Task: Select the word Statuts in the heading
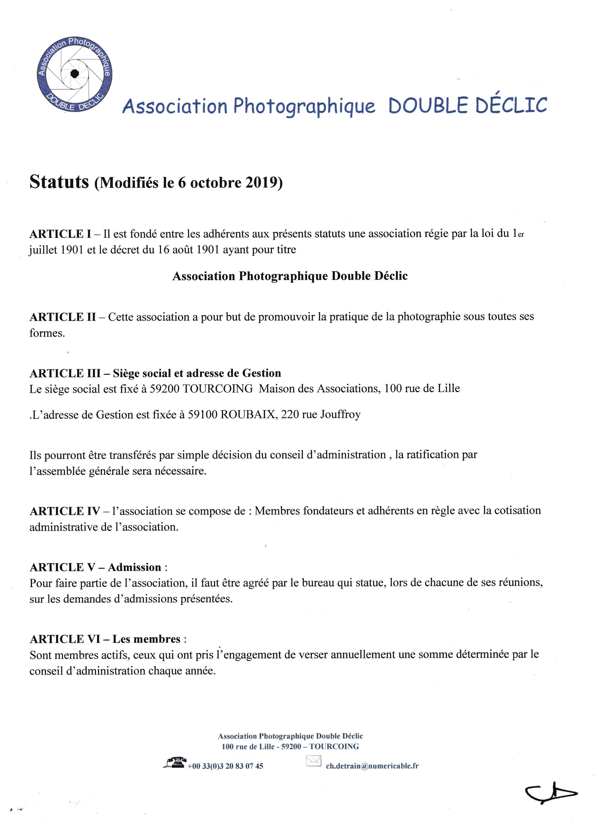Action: point(59,182)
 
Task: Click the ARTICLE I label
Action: point(60,234)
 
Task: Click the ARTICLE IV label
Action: point(65,511)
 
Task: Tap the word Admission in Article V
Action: point(134,567)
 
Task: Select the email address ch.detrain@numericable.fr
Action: point(372,766)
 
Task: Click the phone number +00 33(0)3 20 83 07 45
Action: point(225,766)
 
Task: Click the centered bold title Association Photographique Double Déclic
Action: point(290,276)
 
